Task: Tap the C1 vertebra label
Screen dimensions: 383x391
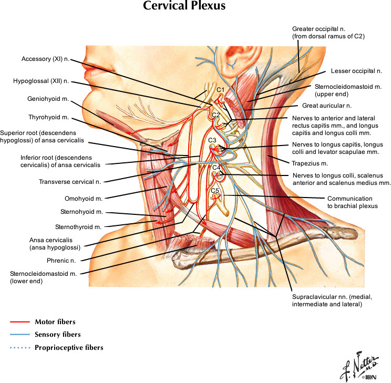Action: [x=221, y=90]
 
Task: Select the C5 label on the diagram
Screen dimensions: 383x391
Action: [x=215, y=190]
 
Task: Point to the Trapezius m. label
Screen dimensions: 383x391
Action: [x=306, y=163]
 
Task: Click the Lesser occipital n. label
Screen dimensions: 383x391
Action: [x=356, y=70]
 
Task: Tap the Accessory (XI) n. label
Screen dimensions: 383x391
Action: [x=46, y=59]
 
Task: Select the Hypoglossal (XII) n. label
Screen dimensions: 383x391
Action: [x=42, y=82]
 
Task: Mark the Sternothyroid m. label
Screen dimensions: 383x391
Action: [x=78, y=227]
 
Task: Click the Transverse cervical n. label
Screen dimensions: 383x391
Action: [x=70, y=182]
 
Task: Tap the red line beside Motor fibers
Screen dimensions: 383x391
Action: [x=19, y=321]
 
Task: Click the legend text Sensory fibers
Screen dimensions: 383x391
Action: [x=57, y=334]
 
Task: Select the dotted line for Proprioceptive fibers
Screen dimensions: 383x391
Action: [x=19, y=347]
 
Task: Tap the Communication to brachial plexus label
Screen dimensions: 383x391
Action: [x=349, y=202]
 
